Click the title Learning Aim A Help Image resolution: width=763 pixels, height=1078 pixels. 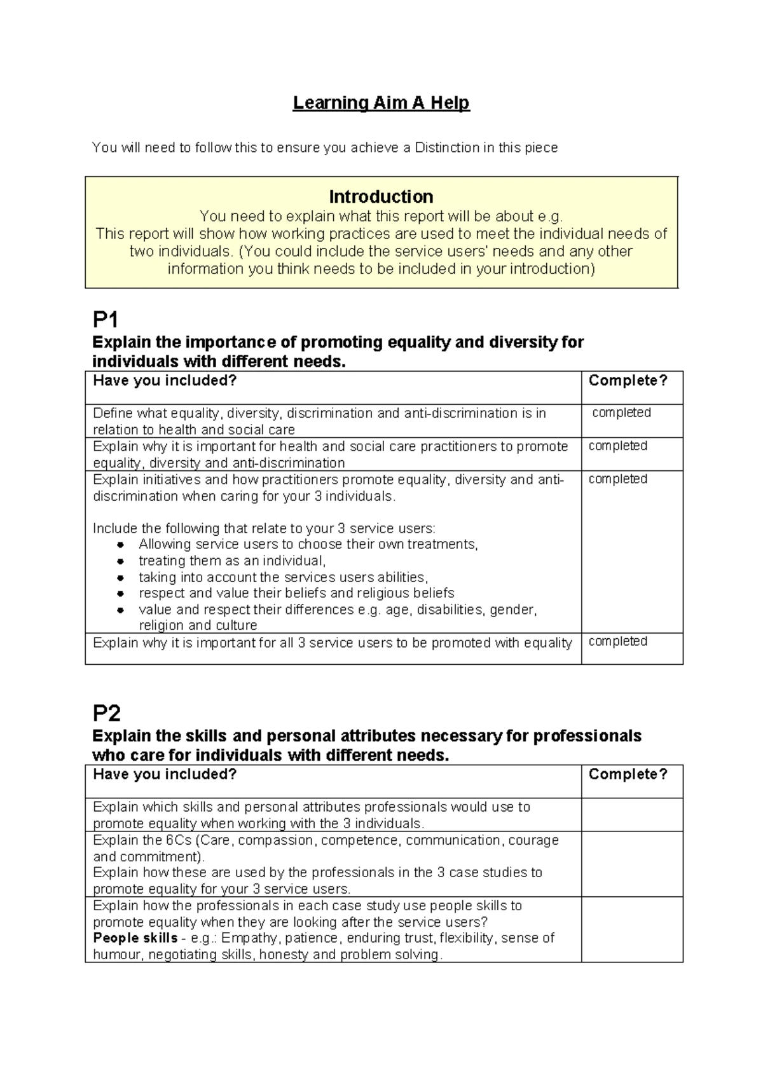381,103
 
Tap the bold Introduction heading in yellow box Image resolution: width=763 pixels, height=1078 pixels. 381,196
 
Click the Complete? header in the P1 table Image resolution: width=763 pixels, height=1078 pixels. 628,381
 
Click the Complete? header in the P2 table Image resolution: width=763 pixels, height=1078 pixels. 628,774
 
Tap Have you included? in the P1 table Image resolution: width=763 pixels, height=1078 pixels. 165,381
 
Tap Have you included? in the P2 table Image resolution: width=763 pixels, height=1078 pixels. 165,774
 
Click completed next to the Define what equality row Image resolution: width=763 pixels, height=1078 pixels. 621,413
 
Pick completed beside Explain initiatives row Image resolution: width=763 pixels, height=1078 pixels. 617,479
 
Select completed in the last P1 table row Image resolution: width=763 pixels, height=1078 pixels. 617,641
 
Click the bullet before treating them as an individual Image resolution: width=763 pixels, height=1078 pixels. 120,561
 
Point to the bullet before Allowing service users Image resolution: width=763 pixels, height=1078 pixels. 120,545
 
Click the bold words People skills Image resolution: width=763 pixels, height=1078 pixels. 135,938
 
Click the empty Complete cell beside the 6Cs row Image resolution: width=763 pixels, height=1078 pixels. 631,864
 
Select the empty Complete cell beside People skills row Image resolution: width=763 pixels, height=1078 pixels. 631,929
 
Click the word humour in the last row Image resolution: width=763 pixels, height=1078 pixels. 117,955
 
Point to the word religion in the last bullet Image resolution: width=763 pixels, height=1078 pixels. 160,625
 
